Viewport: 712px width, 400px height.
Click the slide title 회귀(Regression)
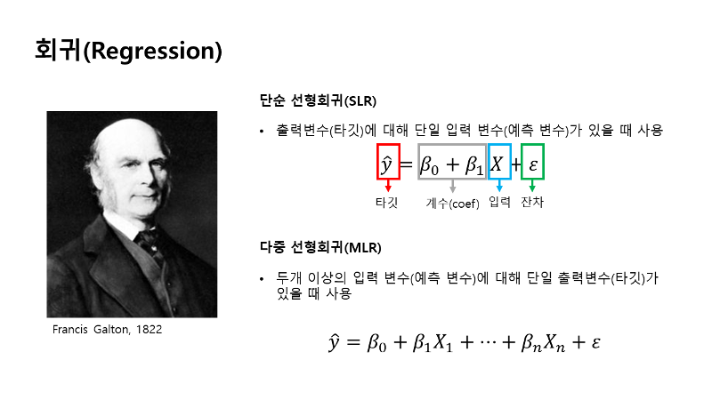(128, 51)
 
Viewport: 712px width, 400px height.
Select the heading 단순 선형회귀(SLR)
(318, 100)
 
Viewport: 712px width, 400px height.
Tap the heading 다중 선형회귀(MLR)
(320, 247)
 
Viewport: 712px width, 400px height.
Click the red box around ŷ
(377, 162)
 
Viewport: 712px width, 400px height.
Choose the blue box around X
(489, 162)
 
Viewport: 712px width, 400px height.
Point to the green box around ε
(522, 162)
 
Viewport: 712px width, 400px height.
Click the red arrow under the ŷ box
(388, 186)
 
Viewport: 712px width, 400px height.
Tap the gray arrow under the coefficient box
(452, 186)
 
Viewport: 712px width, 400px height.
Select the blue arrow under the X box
(499, 186)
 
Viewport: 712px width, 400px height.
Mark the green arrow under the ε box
(532, 186)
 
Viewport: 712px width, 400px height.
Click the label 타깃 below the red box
(387, 203)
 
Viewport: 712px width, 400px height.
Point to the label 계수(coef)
(452, 204)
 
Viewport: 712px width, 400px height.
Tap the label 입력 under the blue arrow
(499, 202)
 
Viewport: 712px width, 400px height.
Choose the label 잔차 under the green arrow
(532, 202)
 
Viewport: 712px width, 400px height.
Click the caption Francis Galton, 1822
(107, 329)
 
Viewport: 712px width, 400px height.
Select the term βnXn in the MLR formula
(543, 342)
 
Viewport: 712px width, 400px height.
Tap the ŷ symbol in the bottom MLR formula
(334, 341)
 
